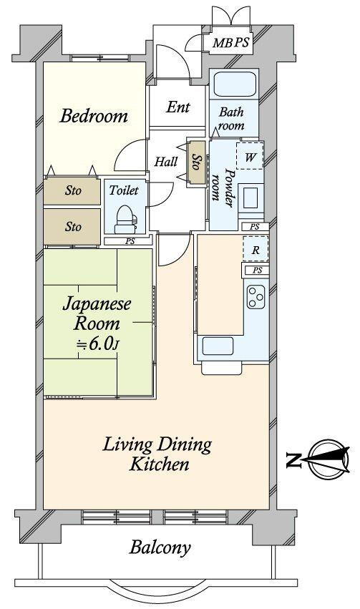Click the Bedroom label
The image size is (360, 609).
tap(94, 116)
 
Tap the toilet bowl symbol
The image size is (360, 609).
tap(125, 219)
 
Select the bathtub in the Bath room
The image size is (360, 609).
tap(235, 84)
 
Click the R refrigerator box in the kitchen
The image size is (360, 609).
tap(256, 248)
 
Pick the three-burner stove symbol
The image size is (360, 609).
tap(256, 297)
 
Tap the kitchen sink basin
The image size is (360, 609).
tap(218, 346)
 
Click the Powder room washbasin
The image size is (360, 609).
tap(249, 198)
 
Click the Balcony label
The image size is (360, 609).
tap(160, 547)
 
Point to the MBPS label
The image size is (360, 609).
tap(230, 42)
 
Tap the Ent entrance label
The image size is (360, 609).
tap(178, 107)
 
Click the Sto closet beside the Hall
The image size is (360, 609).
tap(197, 162)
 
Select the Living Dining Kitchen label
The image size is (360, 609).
tap(157, 454)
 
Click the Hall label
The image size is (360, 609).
tap(166, 162)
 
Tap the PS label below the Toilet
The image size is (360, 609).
tap(130, 241)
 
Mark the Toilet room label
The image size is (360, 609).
tap(124, 190)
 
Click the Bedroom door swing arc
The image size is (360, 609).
tap(125, 150)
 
